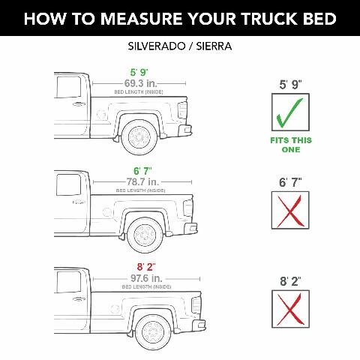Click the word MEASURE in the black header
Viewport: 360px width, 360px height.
coord(137,18)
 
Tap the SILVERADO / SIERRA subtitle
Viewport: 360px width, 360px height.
coord(179,46)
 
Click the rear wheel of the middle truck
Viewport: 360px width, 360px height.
coord(143,234)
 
